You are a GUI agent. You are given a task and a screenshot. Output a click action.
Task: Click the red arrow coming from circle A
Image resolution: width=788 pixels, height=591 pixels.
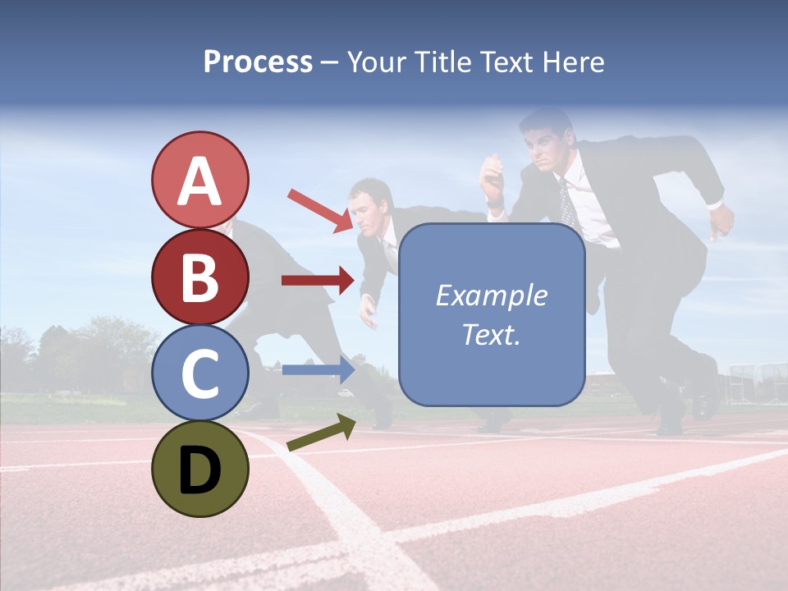click(318, 210)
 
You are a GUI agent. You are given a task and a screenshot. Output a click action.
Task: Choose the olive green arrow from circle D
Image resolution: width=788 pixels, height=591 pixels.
click(321, 433)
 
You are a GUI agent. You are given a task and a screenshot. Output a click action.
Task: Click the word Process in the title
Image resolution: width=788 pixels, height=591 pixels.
click(258, 62)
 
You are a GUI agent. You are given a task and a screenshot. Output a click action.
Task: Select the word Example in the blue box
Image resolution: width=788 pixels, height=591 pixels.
click(491, 295)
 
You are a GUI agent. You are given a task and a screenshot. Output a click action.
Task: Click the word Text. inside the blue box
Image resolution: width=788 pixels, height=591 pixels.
click(491, 334)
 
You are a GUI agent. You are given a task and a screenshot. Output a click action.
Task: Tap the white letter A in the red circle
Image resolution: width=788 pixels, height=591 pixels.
click(199, 181)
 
